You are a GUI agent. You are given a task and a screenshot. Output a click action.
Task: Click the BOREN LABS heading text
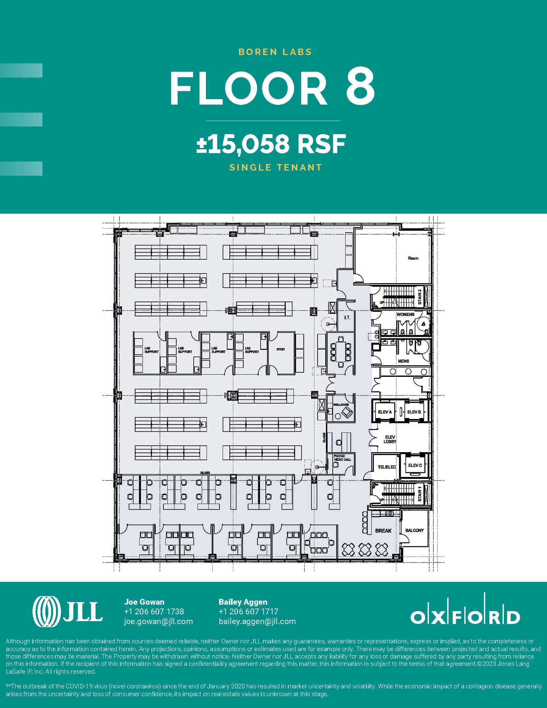click(275, 52)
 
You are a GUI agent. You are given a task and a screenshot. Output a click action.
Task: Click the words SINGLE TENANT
click(276, 168)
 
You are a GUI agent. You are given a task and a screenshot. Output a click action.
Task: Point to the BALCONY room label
click(414, 530)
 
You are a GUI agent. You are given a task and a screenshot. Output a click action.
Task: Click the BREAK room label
click(383, 531)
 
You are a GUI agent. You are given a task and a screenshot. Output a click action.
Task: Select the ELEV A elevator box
click(385, 412)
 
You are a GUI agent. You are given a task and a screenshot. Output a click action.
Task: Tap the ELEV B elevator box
click(414, 412)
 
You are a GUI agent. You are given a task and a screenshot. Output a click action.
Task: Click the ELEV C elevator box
click(415, 465)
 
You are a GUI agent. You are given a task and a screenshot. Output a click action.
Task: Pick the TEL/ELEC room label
click(387, 467)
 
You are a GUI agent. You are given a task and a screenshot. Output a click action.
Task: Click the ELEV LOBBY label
click(390, 439)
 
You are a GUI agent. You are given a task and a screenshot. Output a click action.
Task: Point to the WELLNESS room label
click(341, 404)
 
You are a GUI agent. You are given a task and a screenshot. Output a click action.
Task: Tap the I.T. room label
click(347, 318)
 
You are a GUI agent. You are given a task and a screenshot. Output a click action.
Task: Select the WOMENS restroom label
click(405, 315)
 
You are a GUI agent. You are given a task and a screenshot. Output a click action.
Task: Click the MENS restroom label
click(403, 361)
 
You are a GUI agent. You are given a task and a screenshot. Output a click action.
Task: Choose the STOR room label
click(280, 350)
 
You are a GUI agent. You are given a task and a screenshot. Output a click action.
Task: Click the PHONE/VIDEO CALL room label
click(342, 458)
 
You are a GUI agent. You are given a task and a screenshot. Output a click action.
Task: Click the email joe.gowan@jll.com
click(158, 621)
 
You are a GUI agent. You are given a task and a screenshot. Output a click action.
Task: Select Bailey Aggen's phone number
click(248, 612)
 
